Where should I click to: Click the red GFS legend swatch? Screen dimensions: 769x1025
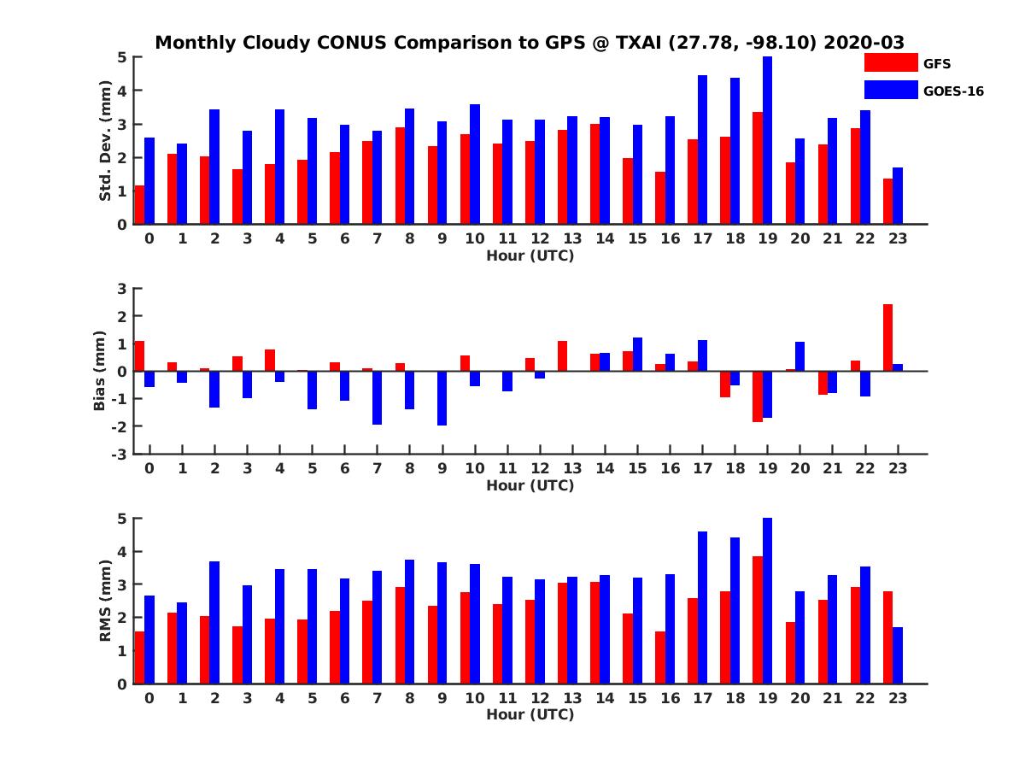point(890,62)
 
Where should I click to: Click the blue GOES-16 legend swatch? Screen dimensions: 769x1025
point(890,90)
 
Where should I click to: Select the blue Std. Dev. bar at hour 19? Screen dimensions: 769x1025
point(767,141)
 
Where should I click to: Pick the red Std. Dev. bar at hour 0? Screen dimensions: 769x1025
point(139,205)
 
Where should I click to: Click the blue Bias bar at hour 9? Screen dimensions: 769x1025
point(442,398)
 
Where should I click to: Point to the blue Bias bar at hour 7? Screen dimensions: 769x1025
point(377,397)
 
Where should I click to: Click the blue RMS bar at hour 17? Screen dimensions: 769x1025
point(702,608)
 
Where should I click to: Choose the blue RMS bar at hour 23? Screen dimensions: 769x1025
point(898,655)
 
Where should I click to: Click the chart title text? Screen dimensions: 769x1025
point(529,43)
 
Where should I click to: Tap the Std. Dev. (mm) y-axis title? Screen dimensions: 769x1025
point(106,141)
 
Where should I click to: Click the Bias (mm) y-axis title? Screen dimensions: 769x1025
point(101,371)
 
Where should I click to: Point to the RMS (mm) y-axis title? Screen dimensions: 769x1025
point(106,601)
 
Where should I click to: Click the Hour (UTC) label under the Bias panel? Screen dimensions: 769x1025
point(530,485)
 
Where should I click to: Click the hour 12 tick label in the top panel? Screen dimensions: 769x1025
point(540,238)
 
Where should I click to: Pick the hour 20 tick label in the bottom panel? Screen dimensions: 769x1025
point(799,698)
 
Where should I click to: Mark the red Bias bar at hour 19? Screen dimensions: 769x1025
point(758,396)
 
